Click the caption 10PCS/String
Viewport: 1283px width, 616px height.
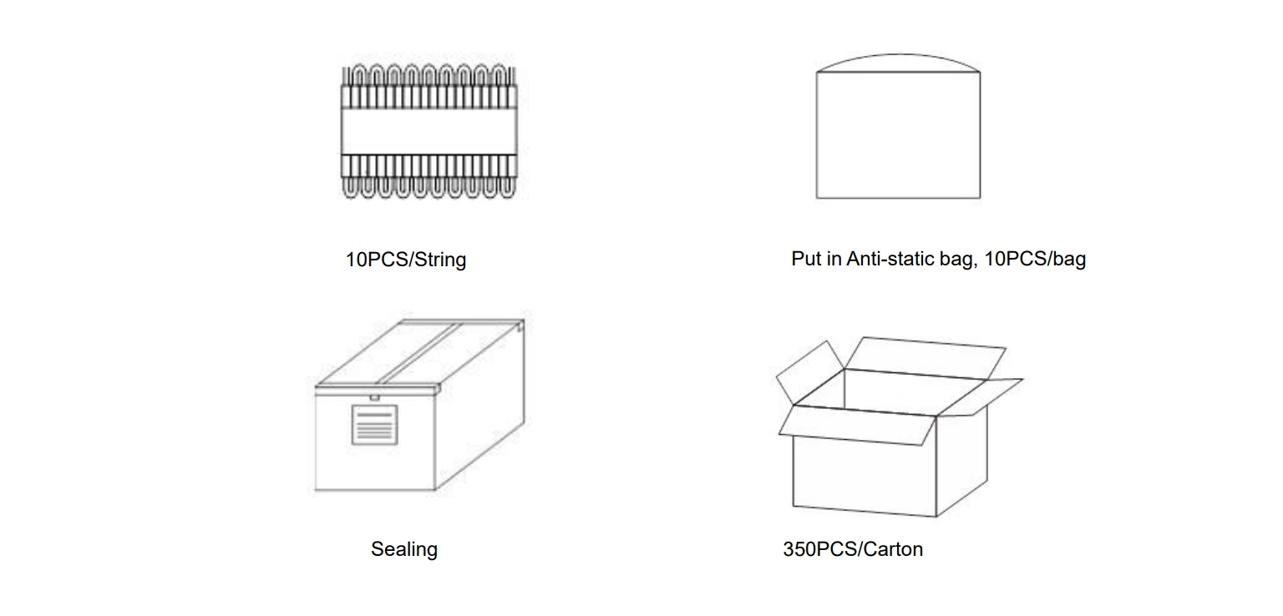pyautogui.click(x=405, y=260)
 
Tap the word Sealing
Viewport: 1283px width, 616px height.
pyautogui.click(x=403, y=549)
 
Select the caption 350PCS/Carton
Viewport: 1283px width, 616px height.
pyautogui.click(x=853, y=549)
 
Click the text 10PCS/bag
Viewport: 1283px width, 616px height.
pyautogui.click(x=1034, y=259)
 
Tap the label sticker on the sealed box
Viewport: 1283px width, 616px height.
pyautogui.click(x=374, y=425)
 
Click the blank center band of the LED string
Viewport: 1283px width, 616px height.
pyautogui.click(x=429, y=131)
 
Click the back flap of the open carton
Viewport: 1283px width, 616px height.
pyautogui.click(x=925, y=358)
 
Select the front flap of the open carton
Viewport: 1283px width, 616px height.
pyautogui.click(x=857, y=425)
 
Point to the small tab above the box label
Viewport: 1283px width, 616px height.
pyautogui.click(x=374, y=397)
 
